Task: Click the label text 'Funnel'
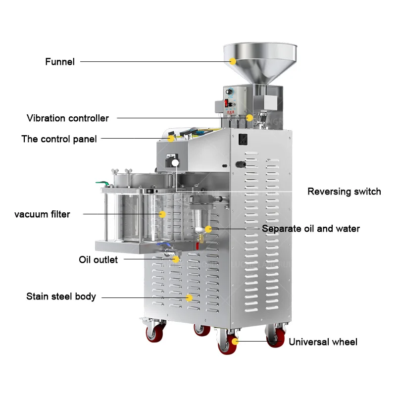(60, 62)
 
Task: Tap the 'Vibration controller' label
(68, 118)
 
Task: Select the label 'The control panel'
(59, 139)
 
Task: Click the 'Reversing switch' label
(344, 192)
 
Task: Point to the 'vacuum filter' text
(42, 214)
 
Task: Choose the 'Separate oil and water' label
(311, 229)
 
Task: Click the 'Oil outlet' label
(98, 259)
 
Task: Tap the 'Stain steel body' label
(61, 297)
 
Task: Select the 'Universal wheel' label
(323, 342)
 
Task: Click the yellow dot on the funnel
(233, 61)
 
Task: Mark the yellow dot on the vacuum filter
(162, 214)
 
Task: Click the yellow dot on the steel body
(189, 297)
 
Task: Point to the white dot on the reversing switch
(175, 163)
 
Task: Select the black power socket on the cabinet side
(243, 140)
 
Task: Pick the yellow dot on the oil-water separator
(208, 229)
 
